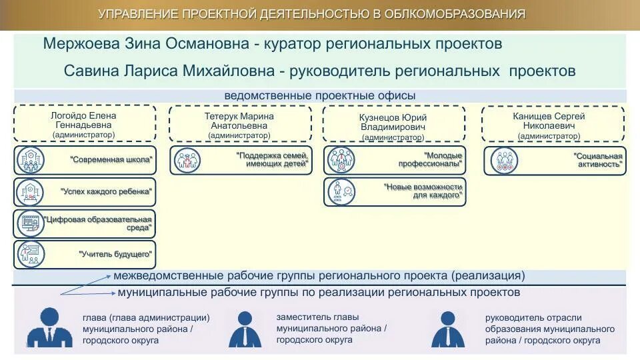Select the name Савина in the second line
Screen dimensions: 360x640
[x=89, y=71]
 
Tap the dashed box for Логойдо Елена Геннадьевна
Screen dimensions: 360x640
[x=84, y=124]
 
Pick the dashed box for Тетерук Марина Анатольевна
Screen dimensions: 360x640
[x=239, y=124]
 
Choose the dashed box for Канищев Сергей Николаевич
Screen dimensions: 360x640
[x=553, y=124]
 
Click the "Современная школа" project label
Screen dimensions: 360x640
[x=111, y=160]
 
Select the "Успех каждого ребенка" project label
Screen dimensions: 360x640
[x=107, y=191]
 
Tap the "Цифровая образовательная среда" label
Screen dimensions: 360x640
[x=97, y=223]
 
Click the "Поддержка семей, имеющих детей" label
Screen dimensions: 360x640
[x=273, y=160]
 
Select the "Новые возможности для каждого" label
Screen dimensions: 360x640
[x=423, y=191]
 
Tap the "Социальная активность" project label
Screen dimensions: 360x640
[x=597, y=160]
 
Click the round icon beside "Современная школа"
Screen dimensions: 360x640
[x=30, y=160]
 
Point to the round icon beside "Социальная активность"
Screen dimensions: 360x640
[x=504, y=160]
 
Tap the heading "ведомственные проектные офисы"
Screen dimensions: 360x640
[x=320, y=96]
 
